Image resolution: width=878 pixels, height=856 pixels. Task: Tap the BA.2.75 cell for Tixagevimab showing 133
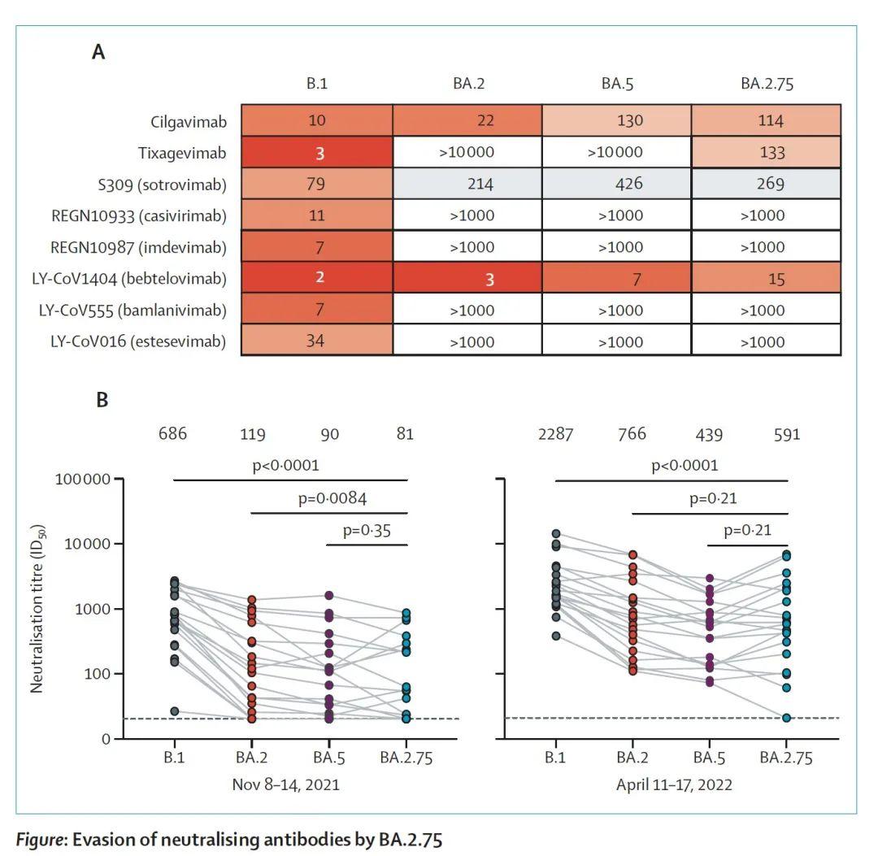pyautogui.click(x=766, y=152)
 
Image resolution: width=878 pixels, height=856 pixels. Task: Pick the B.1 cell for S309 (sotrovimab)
pyautogui.click(x=316, y=184)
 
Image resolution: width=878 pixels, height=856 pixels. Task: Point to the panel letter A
pyautogui.click(x=98, y=53)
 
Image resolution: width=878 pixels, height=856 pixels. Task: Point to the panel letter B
pyautogui.click(x=102, y=400)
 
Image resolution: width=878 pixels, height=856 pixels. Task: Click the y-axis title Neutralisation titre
pyautogui.click(x=37, y=608)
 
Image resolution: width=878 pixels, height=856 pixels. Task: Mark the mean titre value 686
pyautogui.click(x=172, y=435)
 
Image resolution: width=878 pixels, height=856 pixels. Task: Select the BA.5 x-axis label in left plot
pyautogui.click(x=329, y=758)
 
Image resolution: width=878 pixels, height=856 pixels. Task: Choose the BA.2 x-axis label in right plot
pyautogui.click(x=631, y=758)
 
